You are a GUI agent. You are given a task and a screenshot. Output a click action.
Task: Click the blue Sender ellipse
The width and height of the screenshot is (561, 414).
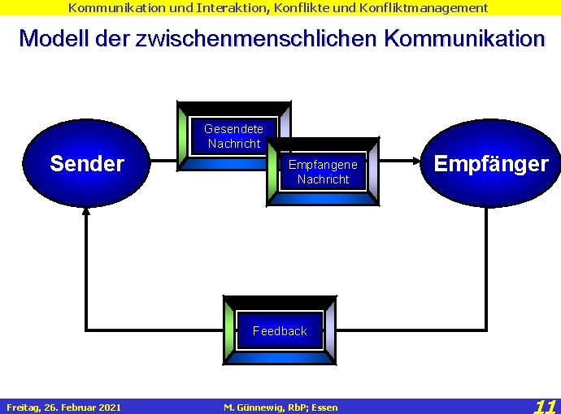pyautogui.click(x=87, y=163)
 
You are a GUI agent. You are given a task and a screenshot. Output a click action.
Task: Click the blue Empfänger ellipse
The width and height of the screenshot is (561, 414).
pyautogui.click(x=490, y=163)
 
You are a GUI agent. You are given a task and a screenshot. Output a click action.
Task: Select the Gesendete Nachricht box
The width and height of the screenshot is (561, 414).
pyautogui.click(x=233, y=136)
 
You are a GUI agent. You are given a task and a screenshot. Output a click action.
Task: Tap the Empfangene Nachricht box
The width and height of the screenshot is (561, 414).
pyautogui.click(x=323, y=171)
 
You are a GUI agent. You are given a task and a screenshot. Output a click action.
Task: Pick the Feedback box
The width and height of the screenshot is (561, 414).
pyautogui.click(x=280, y=330)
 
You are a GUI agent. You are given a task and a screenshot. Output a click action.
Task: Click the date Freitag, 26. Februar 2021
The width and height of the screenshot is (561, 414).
pyautogui.click(x=63, y=407)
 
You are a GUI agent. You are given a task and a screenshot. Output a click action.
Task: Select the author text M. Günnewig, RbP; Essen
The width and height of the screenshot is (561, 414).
pyautogui.click(x=280, y=407)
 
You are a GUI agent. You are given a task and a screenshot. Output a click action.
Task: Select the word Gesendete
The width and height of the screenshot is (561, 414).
pyautogui.click(x=233, y=129)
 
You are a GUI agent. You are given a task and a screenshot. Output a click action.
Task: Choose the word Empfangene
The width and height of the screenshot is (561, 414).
pyautogui.click(x=323, y=165)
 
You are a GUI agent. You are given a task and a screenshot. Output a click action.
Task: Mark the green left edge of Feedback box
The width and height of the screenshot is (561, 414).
pyautogui.click(x=228, y=330)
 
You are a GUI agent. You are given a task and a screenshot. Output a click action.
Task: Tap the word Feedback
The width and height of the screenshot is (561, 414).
pyautogui.click(x=280, y=330)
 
